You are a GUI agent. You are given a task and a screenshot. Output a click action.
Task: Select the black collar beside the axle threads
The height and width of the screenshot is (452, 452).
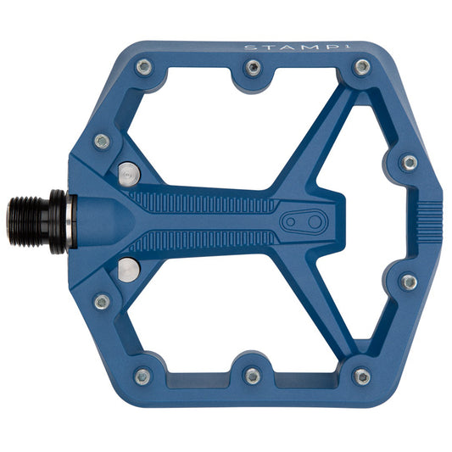(x=58, y=222)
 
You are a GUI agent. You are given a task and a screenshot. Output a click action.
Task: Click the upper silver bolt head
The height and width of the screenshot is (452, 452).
(x=127, y=175)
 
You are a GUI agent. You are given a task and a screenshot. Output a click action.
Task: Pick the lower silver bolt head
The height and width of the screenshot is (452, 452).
(x=127, y=270)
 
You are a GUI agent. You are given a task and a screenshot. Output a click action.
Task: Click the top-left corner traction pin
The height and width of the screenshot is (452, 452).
(x=144, y=67)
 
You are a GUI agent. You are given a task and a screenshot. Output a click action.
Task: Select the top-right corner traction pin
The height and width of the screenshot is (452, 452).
(x=362, y=67)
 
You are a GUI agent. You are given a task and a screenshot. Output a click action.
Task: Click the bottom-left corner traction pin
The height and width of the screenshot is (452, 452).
(x=142, y=376)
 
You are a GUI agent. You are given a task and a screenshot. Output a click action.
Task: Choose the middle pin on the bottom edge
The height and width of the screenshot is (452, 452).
(x=252, y=375)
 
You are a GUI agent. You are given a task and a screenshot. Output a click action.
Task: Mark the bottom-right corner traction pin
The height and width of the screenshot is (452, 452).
(x=362, y=377)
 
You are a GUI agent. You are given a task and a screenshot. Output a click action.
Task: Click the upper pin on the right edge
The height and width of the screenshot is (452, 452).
(x=409, y=162)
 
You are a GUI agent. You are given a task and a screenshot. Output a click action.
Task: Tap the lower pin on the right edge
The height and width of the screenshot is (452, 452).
(x=409, y=282)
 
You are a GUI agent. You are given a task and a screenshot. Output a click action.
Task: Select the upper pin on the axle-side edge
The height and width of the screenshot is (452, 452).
(x=102, y=142)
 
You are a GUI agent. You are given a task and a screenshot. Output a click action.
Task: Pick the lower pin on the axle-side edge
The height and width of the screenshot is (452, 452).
(x=102, y=301)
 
